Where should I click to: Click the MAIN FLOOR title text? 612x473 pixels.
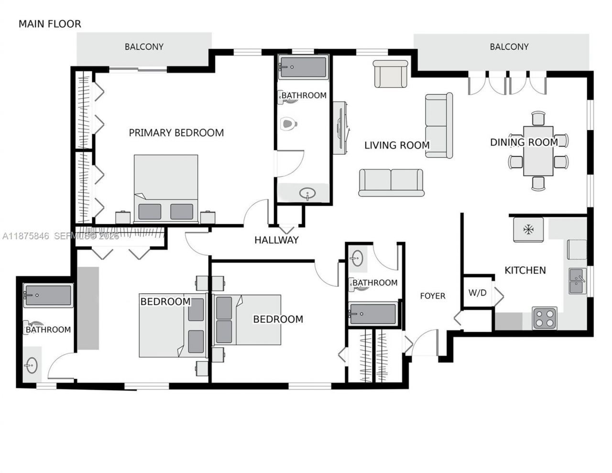pos(50,24)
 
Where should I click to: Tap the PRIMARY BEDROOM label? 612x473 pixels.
pos(176,133)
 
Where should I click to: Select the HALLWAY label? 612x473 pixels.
pos(276,240)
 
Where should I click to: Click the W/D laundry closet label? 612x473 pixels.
pos(477,293)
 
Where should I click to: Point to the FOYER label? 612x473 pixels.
pos(433,296)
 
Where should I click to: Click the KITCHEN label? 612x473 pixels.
pos(525,270)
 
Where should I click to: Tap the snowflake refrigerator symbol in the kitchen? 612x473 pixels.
pos(528,230)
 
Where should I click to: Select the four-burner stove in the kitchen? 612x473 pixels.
pos(545,318)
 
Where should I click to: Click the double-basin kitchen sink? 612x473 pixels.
pos(577,281)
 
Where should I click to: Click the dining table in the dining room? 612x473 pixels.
pos(538,151)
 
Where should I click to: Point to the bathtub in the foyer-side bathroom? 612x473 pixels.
pos(373,314)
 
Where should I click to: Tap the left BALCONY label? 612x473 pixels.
pos(144,47)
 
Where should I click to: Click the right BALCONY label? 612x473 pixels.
pos(509,47)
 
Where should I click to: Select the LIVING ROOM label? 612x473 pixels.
pos(397,145)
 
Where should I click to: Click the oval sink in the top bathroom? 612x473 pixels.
pos(307,194)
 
